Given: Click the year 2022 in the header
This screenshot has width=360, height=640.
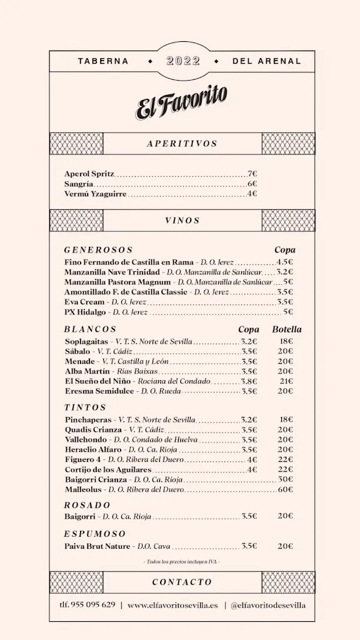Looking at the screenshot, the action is [x=184, y=61].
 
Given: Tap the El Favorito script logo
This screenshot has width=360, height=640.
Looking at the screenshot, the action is [x=182, y=102].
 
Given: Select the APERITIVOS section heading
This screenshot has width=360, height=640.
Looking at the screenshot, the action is [x=182, y=144].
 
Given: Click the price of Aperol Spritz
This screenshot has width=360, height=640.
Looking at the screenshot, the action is [x=252, y=174].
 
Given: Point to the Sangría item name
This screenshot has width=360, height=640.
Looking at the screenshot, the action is [x=79, y=184].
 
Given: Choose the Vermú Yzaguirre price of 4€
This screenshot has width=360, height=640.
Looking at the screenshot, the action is [x=252, y=194].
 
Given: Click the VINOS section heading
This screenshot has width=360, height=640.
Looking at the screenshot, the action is [x=182, y=221].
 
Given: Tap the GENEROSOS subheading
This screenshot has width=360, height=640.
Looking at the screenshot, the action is [x=99, y=250].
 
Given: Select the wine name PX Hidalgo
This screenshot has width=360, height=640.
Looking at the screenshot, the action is [x=86, y=311].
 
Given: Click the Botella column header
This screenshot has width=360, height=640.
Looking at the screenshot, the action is [x=286, y=329].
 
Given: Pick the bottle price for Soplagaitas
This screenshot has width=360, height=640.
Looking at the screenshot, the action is [x=286, y=341].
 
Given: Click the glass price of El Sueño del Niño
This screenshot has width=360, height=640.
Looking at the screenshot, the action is [x=249, y=381].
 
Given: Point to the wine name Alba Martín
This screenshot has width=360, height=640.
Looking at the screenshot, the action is [x=86, y=371].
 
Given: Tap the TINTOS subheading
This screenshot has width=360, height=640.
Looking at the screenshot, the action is [x=85, y=407].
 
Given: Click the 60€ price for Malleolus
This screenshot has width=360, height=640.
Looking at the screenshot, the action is [x=286, y=489].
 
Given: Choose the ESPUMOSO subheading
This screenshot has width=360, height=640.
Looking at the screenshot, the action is [x=95, y=534].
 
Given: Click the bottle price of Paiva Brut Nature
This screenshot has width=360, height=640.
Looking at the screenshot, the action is [x=286, y=546].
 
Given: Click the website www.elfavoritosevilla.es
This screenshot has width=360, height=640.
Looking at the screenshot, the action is [x=172, y=604].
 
